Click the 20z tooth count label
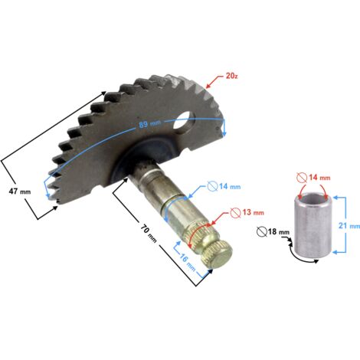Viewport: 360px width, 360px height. coord(231,76)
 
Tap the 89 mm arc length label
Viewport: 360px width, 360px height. coord(150,124)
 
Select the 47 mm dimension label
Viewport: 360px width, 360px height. coord(20,191)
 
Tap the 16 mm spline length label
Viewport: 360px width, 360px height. coord(188,262)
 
